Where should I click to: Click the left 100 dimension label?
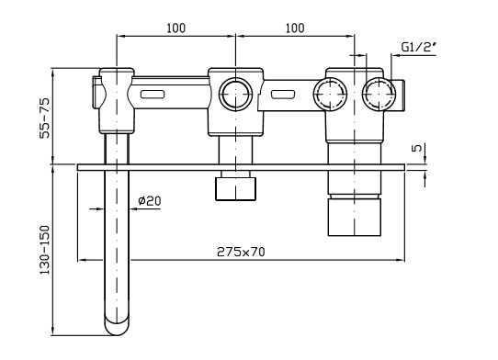coord(175,28)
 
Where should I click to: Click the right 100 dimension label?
coord(295,28)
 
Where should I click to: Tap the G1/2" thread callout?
coord(419,48)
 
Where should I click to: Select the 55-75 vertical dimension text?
coord(45,118)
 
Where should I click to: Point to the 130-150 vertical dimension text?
coord(45,250)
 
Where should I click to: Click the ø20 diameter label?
coord(150,200)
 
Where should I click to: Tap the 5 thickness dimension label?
coord(418,148)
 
